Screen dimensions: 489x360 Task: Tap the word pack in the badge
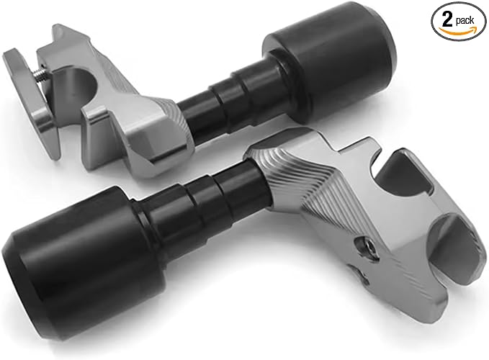click(465, 21)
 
